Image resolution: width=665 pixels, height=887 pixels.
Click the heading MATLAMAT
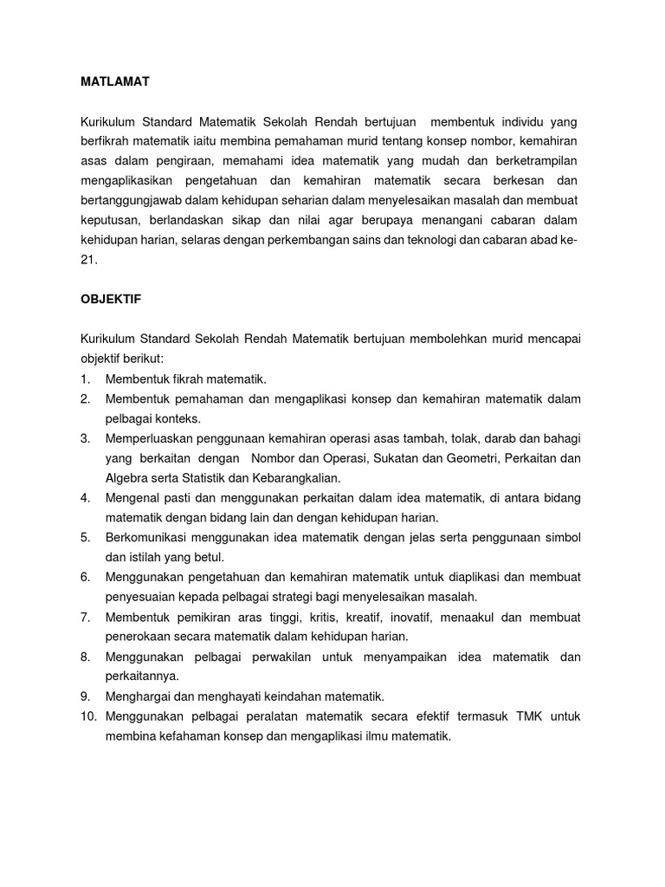pyautogui.click(x=115, y=81)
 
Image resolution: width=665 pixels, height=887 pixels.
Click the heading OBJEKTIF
pyautogui.click(x=111, y=299)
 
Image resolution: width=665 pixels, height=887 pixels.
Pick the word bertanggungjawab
pyautogui.click(x=131, y=200)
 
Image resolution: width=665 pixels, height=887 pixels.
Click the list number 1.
pyautogui.click(x=84, y=379)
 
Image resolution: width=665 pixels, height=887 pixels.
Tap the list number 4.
pyautogui.click(x=85, y=497)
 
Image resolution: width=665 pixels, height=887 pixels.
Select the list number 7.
pyautogui.click(x=85, y=617)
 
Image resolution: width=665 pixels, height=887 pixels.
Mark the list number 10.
pyautogui.click(x=87, y=715)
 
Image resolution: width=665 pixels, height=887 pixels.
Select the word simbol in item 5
pyautogui.click(x=562, y=537)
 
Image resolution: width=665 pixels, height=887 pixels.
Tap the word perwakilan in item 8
pyautogui.click(x=274, y=657)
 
